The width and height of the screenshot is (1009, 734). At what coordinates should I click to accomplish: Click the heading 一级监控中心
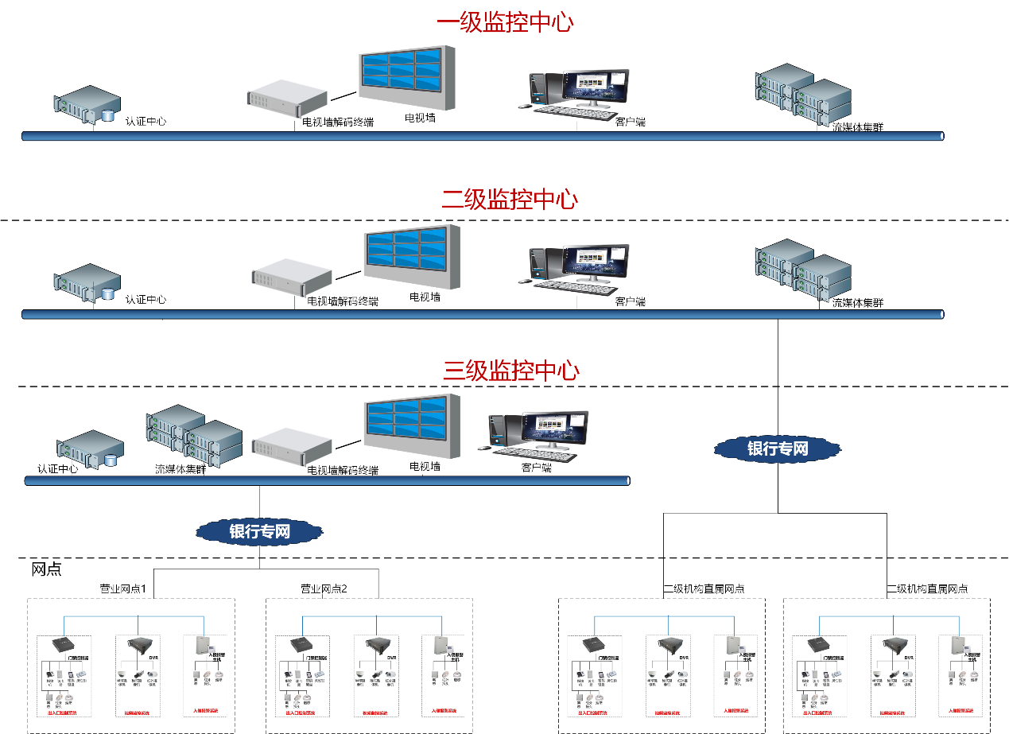point(505,22)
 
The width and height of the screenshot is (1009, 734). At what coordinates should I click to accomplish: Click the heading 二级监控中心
point(510,199)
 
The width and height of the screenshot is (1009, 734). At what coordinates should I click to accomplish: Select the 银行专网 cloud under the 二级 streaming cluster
point(777,449)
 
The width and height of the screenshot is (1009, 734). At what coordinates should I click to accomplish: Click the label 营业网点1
point(127,589)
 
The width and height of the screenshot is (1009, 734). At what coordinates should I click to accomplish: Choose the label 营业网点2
point(324,589)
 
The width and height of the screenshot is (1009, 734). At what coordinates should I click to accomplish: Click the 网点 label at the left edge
point(46,569)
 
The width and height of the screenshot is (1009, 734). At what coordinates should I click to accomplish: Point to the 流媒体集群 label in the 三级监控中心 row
point(180,469)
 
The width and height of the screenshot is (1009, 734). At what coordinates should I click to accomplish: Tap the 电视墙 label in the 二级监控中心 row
point(425,297)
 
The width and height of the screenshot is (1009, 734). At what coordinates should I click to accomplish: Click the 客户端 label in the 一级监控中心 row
point(630,122)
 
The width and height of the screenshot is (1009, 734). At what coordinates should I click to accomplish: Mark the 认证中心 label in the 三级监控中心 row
point(58,469)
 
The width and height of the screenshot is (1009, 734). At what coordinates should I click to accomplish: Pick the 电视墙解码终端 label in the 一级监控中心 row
point(338,122)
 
